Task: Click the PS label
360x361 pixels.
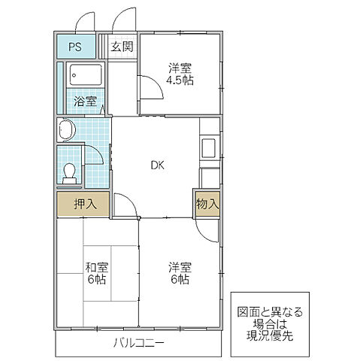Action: pyautogui.click(x=75, y=47)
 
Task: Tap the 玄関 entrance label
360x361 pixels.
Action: pyautogui.click(x=123, y=47)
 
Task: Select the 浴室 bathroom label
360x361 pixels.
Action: pyautogui.click(x=84, y=102)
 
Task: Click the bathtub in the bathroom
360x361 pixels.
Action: pyautogui.click(x=84, y=74)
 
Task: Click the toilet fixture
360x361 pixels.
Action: pyautogui.click(x=70, y=173)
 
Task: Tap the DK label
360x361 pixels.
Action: pyautogui.click(x=157, y=165)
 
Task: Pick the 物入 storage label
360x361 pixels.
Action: pyautogui.click(x=207, y=203)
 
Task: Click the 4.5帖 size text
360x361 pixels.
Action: pyautogui.click(x=180, y=80)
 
